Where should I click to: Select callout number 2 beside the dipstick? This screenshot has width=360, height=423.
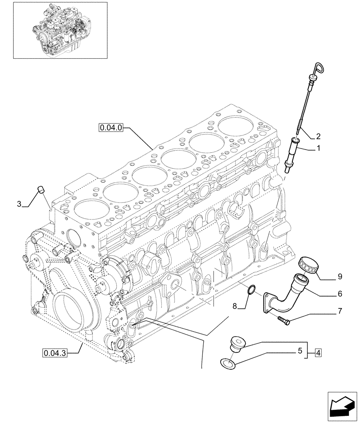(x=318, y=136)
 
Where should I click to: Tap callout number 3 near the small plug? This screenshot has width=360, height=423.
(x=19, y=204)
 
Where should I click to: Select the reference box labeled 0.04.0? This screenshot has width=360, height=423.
(x=111, y=126)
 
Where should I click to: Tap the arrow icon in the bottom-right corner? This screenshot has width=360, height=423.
(x=341, y=406)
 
